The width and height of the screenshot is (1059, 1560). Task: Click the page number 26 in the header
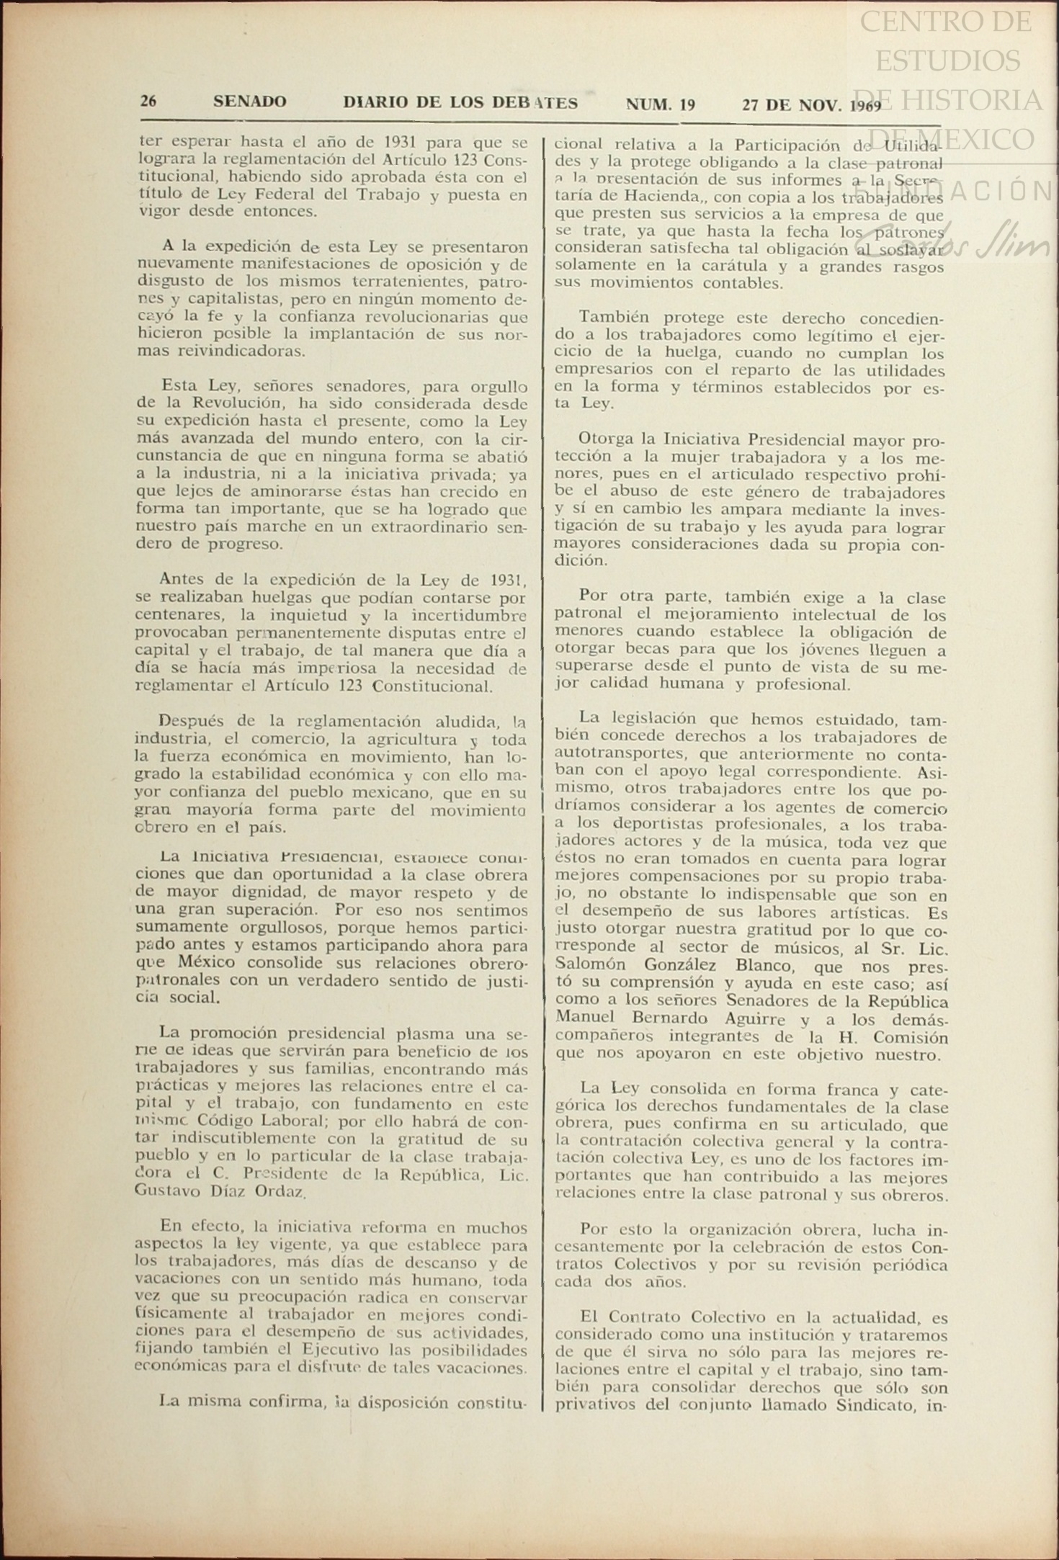(148, 101)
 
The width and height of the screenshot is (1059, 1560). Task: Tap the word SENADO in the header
(249, 102)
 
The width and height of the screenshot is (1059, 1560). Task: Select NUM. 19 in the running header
(660, 104)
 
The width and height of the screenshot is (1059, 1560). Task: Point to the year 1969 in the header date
(864, 106)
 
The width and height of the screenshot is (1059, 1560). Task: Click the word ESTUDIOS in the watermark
(947, 60)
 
